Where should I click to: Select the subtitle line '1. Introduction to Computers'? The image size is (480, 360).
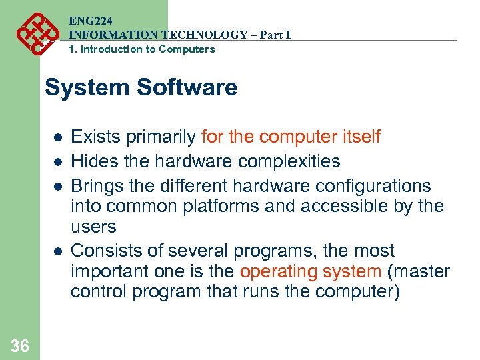pyautogui.click(x=142, y=49)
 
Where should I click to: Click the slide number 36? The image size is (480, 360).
pyautogui.click(x=20, y=345)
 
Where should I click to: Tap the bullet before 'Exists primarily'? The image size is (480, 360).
pyautogui.click(x=58, y=138)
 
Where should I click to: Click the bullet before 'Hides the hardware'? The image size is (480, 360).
pyautogui.click(x=58, y=162)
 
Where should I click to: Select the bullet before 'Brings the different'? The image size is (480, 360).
pyautogui.click(x=58, y=186)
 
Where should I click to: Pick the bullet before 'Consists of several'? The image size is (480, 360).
pyautogui.click(x=58, y=252)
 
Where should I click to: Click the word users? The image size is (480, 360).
pyautogui.click(x=93, y=227)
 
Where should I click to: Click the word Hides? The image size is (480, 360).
pyautogui.click(x=94, y=161)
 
